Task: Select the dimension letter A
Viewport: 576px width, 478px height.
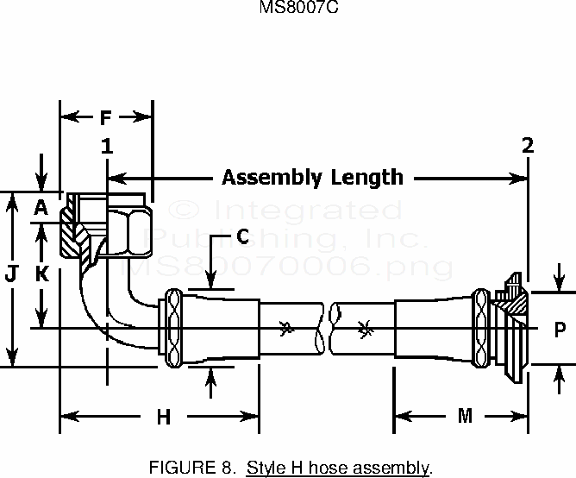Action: (x=40, y=208)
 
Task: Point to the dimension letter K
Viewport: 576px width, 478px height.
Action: (x=40, y=274)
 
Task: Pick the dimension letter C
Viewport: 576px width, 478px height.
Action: (x=242, y=235)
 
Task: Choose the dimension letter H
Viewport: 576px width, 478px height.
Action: (x=162, y=418)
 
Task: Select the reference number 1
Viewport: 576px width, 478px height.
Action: (x=107, y=147)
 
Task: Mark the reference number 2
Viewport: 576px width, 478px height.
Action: (x=528, y=147)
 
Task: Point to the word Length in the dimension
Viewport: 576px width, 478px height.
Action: (x=363, y=178)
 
